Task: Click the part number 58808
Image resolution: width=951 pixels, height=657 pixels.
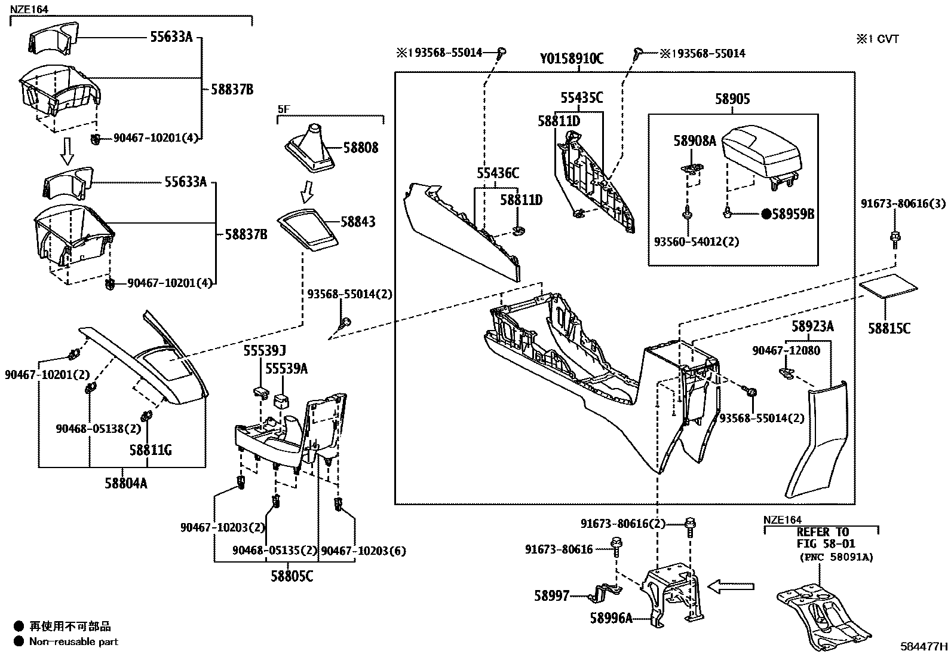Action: click(x=360, y=148)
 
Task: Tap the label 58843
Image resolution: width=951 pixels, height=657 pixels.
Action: click(x=358, y=221)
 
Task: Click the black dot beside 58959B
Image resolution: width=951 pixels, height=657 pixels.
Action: click(x=766, y=214)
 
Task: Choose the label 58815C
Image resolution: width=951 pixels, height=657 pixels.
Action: click(x=889, y=329)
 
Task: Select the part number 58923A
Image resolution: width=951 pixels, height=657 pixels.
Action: click(x=812, y=326)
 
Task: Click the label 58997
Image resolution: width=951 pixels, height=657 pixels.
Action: click(x=551, y=596)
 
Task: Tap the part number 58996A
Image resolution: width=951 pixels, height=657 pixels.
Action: click(x=611, y=618)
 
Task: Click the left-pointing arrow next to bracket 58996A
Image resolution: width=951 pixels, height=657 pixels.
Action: click(x=731, y=586)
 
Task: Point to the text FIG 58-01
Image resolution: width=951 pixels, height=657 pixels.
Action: click(x=826, y=543)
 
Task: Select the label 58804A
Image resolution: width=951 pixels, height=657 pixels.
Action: click(x=126, y=483)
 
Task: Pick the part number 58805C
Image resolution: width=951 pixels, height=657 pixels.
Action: click(x=292, y=576)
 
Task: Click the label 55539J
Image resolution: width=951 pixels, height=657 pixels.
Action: click(x=265, y=350)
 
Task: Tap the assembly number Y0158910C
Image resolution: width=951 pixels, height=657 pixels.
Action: click(x=572, y=58)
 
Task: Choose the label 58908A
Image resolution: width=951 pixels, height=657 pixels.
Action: click(x=695, y=140)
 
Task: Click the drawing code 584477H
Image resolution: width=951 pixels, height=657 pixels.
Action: click(x=924, y=646)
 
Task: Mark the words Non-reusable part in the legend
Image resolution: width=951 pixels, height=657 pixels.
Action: click(x=73, y=641)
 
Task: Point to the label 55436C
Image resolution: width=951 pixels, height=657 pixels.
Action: click(x=498, y=173)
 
